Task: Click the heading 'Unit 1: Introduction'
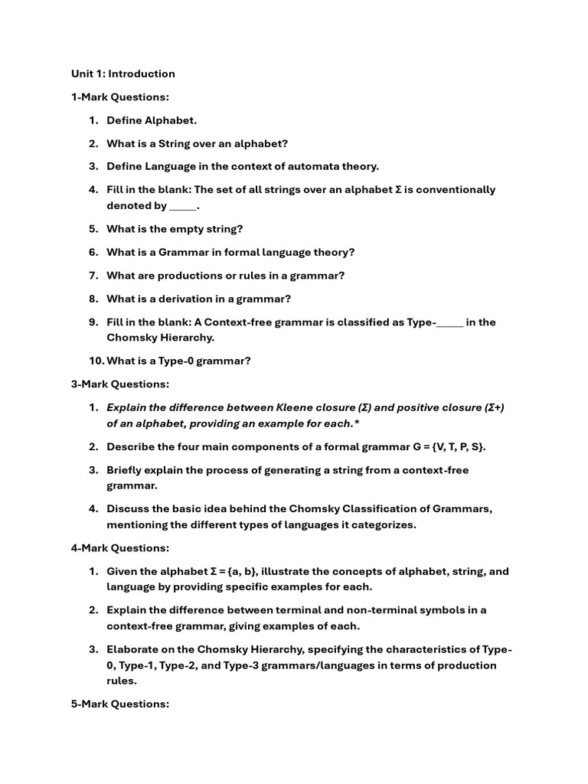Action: (122, 73)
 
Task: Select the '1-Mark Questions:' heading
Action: (119, 96)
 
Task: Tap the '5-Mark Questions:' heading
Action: (119, 704)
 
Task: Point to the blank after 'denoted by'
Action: (182, 206)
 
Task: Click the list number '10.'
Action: (96, 361)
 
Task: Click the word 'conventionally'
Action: (455, 190)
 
